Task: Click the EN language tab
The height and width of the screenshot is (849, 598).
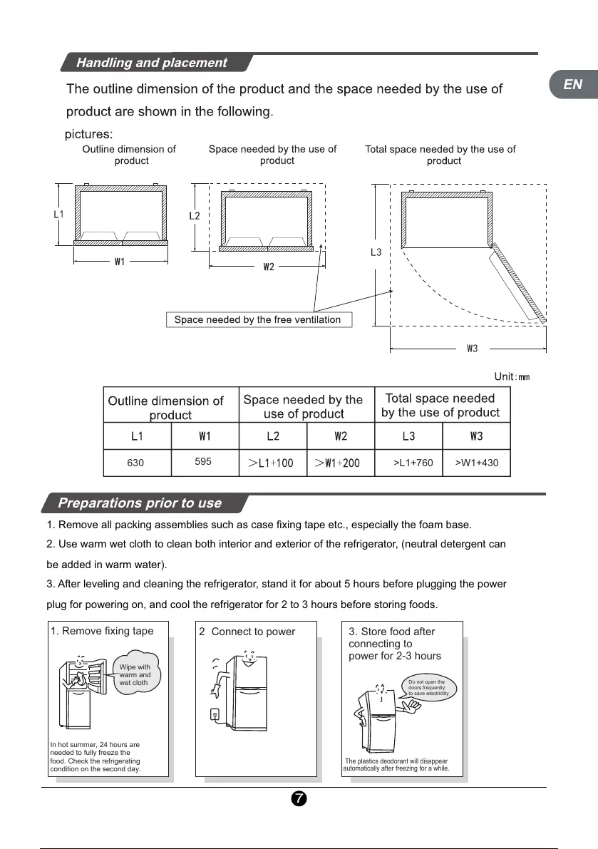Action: (573, 85)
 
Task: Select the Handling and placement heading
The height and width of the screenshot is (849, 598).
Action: (152, 63)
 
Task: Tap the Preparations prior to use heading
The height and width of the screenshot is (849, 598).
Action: (140, 503)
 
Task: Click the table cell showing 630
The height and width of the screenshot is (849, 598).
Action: (135, 463)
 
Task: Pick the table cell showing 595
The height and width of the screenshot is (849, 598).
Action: (203, 462)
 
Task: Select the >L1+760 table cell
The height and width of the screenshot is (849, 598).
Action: (413, 463)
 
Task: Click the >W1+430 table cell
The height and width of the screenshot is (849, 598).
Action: (476, 463)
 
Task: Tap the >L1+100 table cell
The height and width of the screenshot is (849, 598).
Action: (271, 463)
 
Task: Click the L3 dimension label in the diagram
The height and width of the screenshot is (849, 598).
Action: (376, 252)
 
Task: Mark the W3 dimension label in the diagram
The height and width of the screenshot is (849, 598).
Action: (472, 349)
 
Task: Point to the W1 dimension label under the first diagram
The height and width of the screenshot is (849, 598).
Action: (120, 262)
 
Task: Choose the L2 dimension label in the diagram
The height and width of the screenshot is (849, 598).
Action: (195, 215)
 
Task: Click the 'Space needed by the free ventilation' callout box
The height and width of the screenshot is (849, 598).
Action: (257, 319)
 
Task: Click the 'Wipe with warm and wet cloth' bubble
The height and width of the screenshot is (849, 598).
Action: (135, 674)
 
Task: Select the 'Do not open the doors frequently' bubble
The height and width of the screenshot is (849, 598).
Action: (426, 687)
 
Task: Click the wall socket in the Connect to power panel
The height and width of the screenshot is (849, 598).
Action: (214, 714)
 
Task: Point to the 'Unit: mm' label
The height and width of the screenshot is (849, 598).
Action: (512, 376)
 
